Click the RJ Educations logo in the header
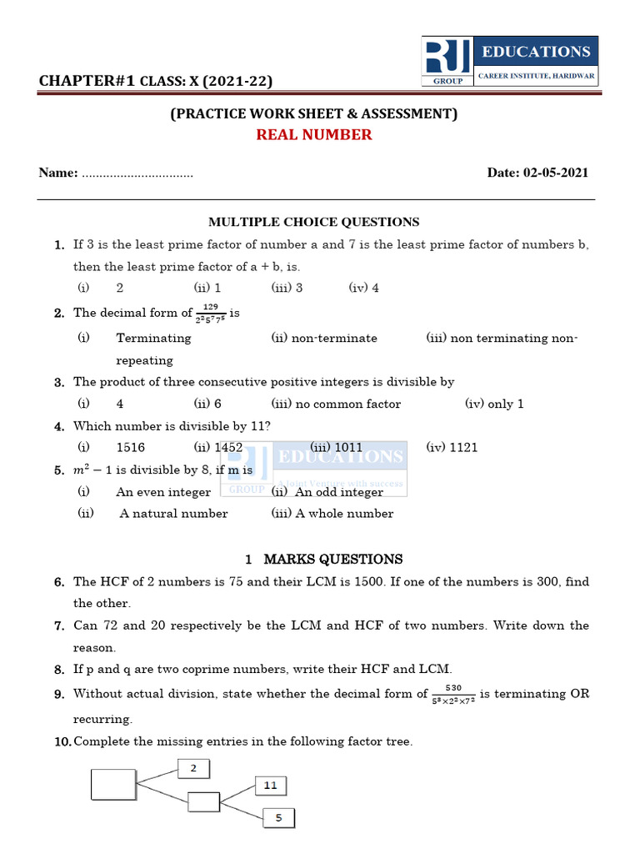tap(508, 61)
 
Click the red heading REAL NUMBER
tap(313, 134)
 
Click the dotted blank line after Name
tap(137, 174)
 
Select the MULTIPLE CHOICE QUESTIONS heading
tap(313, 222)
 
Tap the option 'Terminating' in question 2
tap(153, 338)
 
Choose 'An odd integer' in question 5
tap(328, 492)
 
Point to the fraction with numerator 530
tap(453, 694)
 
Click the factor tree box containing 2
tap(193, 769)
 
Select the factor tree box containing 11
tap(270, 786)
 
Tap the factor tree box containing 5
tap(278, 818)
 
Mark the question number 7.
tap(60, 625)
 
